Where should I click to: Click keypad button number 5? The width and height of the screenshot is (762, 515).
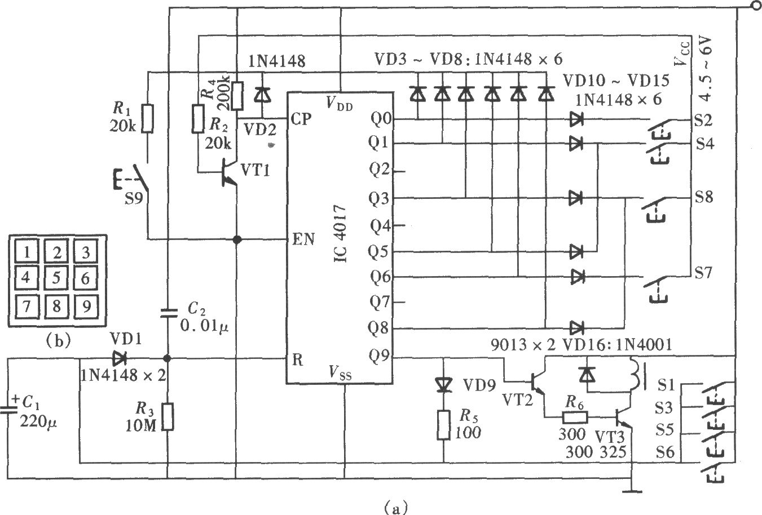56,278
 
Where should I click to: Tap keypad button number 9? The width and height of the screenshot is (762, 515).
86,307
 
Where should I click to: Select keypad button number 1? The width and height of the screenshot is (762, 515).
27,252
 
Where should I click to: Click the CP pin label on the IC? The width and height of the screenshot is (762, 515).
301,119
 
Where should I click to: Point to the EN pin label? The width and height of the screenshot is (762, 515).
303,239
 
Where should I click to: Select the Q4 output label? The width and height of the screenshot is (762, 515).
380,226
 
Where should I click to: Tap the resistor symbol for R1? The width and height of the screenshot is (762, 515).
148,118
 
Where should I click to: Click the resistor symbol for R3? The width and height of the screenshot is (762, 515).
168,416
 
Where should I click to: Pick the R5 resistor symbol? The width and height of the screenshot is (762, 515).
443,425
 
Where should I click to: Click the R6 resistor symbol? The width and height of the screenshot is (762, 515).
575,417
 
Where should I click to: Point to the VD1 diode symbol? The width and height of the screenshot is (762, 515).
120,358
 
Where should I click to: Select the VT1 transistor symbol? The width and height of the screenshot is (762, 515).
228,172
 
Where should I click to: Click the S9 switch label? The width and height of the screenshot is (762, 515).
134,198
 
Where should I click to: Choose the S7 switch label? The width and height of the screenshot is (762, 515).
703,272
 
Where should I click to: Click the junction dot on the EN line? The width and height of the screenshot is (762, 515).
237,239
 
